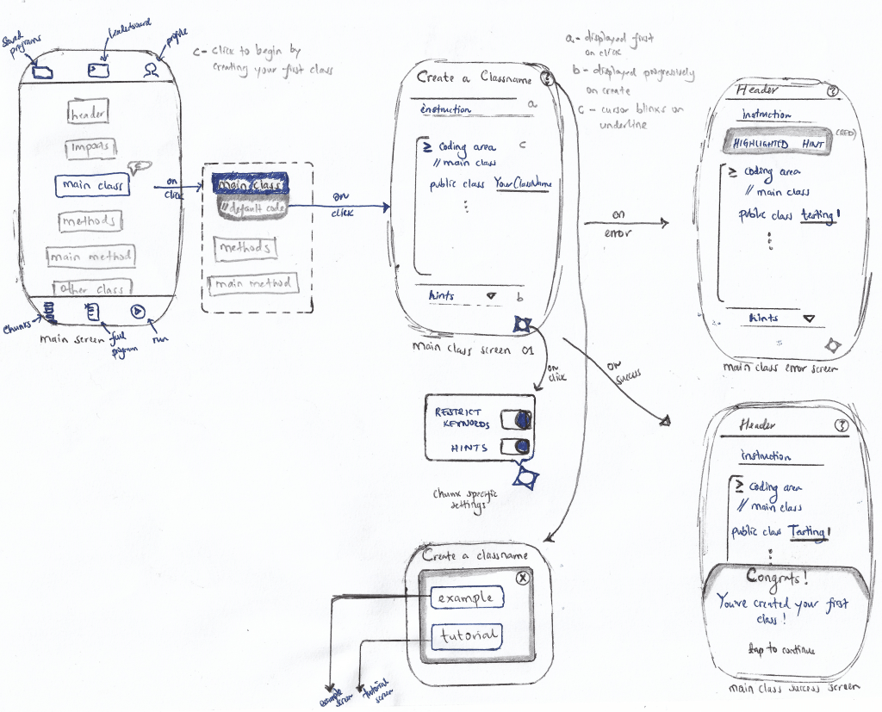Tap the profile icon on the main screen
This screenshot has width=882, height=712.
pos(152,69)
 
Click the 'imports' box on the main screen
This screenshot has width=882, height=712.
pos(90,147)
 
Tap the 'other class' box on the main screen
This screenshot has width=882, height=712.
pos(91,288)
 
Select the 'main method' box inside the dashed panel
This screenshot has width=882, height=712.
pos(253,283)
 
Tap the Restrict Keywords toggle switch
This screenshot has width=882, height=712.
pos(515,420)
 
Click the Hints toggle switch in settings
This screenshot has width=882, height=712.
pos(514,447)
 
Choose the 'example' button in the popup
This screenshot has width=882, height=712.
pos(465,597)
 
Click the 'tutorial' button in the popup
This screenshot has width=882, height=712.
pos(465,636)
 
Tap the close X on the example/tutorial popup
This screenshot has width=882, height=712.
pos(521,579)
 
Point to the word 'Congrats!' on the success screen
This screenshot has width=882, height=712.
pos(777,576)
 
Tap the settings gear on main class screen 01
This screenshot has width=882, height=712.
pos(522,325)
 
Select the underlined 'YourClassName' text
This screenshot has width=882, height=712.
pos(522,183)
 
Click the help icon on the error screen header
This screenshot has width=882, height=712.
pos(832,90)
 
